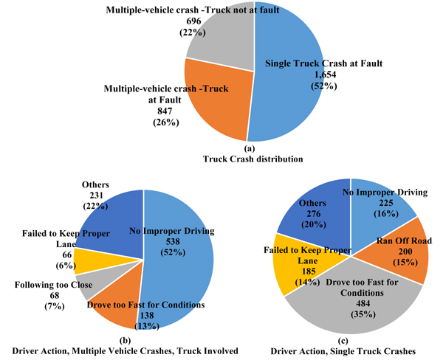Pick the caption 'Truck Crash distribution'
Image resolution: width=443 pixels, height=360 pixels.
coord(249,159)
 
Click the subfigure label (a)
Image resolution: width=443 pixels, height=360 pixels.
coord(249,148)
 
